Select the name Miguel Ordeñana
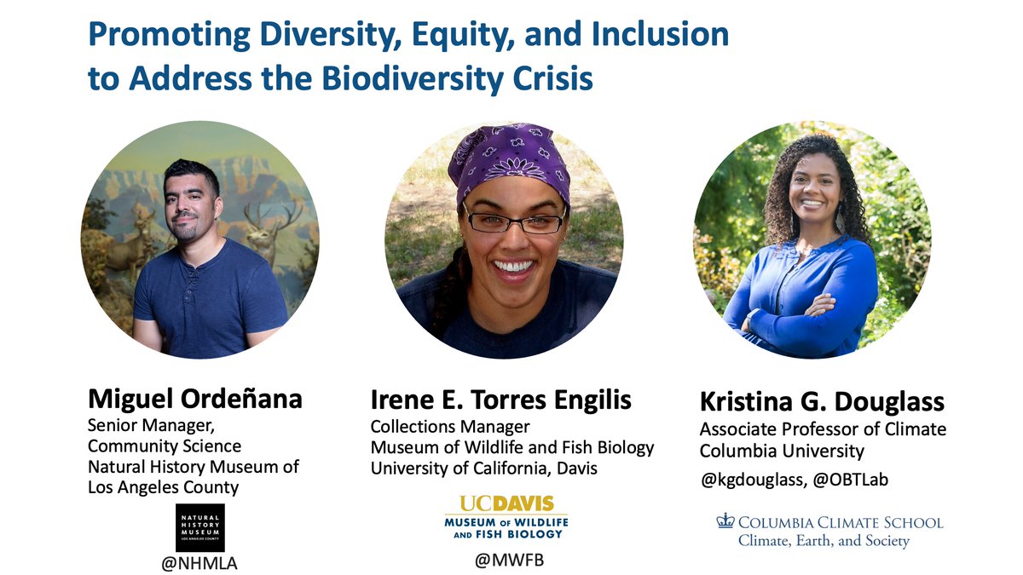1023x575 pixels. point(195,400)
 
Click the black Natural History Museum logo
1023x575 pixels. point(200,527)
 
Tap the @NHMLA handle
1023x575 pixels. point(200,563)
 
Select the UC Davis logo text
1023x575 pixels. point(506,503)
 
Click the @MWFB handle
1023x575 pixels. point(506,561)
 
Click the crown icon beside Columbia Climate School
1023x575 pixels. point(725,521)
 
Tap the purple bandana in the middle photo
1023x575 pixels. point(510,162)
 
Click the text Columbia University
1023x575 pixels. point(782,451)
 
